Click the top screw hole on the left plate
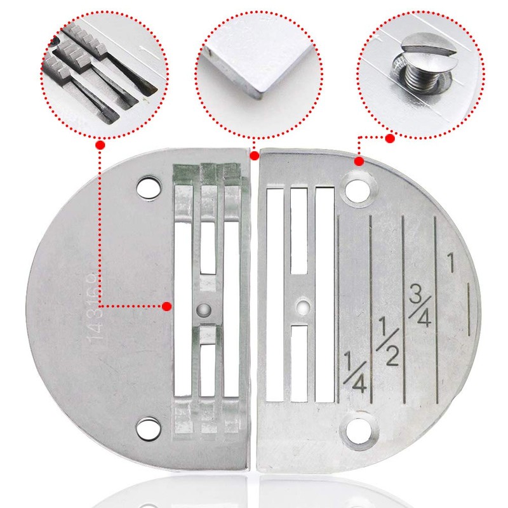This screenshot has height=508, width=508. [x=150, y=186]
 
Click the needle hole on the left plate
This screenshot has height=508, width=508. [x=203, y=309]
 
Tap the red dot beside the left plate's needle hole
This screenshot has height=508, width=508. [x=166, y=306]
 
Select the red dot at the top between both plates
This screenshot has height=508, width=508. [x=254, y=156]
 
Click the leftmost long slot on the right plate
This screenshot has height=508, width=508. [x=275, y=295]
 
